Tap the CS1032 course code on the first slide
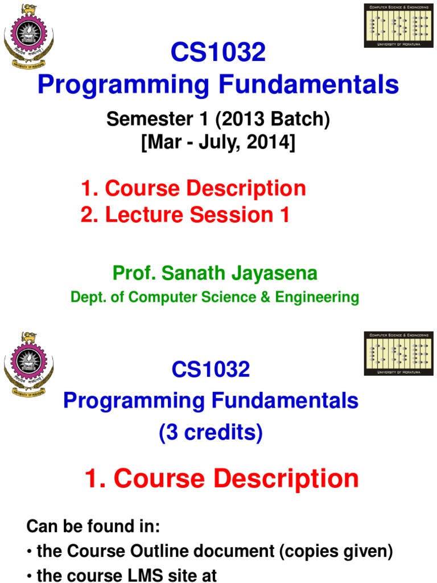(x=218, y=54)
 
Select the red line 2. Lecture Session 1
(x=185, y=215)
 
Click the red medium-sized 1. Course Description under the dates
(x=193, y=188)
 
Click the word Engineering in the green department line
(x=324, y=297)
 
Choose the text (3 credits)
(x=211, y=434)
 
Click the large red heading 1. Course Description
(x=222, y=479)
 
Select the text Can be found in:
(x=93, y=527)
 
